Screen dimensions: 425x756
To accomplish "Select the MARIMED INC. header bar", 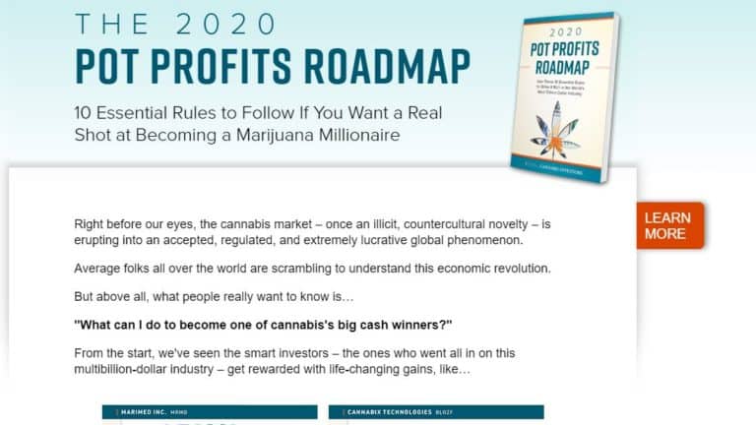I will (x=210, y=412).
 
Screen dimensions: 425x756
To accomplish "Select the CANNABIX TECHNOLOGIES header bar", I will (x=436, y=412).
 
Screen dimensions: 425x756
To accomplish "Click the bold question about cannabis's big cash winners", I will (x=263, y=326).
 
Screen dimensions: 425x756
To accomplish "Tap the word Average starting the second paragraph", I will (x=101, y=269).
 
